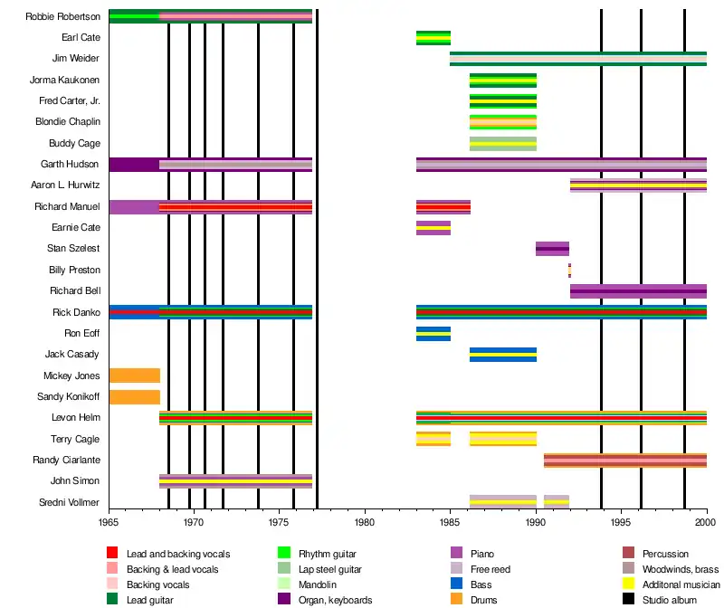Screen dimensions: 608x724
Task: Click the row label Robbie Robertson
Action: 63,16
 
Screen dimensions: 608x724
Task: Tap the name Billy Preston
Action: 74,270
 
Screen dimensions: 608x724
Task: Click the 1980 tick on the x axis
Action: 365,522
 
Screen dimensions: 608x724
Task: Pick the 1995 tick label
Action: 621,522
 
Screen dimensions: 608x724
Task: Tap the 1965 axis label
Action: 109,522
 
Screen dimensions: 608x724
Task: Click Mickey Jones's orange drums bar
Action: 134,375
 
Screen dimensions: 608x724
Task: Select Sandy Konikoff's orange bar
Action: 134,396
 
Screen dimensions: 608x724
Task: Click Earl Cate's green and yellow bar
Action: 433,37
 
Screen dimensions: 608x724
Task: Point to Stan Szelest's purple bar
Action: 552,249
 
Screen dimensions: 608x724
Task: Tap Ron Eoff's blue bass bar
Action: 433,333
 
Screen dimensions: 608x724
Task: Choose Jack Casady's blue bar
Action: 502,354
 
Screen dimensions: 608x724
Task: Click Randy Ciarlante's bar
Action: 624,460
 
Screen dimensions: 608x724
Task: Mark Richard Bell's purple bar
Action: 638,290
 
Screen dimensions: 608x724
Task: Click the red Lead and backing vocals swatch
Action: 112,554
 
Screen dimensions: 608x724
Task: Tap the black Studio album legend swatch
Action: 628,600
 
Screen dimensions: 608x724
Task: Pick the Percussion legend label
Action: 665,554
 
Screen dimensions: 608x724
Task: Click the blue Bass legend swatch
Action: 457,584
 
